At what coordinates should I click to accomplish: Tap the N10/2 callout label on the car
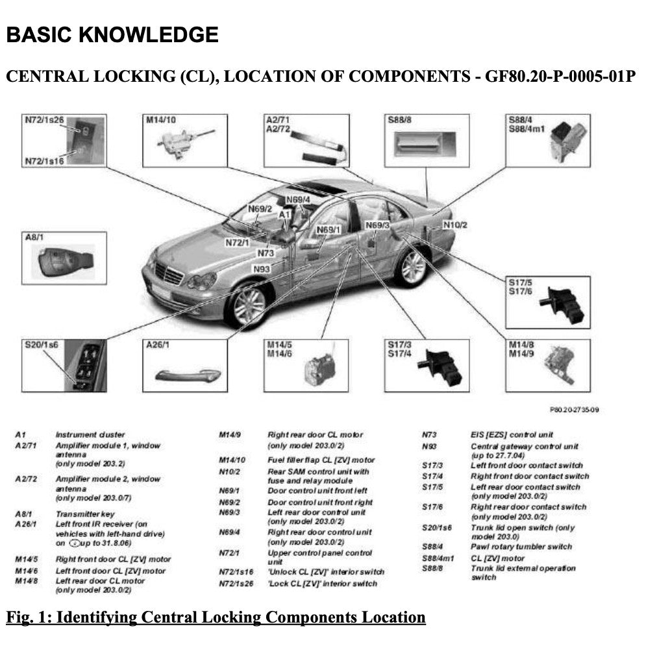coord(455,225)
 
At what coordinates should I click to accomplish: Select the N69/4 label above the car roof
coord(297,199)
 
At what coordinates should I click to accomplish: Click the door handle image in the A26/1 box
coord(184,375)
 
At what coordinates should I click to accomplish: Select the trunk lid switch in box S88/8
coord(426,143)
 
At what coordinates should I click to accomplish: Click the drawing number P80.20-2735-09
coord(573,410)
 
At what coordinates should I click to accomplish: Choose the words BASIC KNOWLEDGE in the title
coord(112,34)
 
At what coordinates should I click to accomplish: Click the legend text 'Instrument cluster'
coord(90,434)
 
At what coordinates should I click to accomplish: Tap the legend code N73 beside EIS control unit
coord(429,434)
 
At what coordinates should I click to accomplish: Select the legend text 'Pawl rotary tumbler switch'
coord(521,547)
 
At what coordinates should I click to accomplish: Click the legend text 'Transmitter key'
coord(84,514)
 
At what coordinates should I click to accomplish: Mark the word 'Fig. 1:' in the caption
coord(29,617)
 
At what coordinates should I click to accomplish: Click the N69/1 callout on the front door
coord(328,230)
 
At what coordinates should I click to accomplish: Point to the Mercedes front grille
coord(169,274)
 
